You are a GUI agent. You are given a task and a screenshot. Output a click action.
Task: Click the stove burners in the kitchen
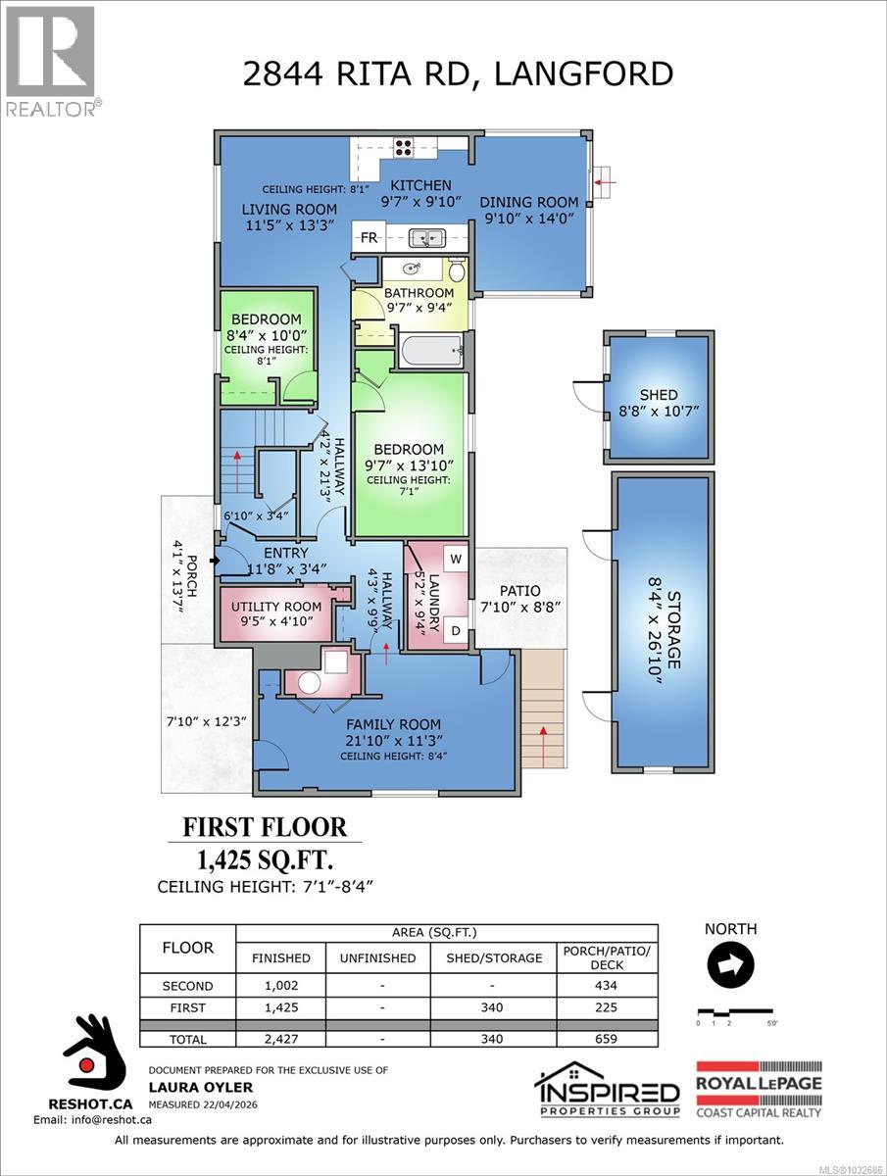(x=402, y=149)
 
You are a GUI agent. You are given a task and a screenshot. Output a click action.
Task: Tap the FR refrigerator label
(x=369, y=238)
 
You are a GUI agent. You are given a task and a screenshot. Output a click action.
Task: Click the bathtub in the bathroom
(x=430, y=348)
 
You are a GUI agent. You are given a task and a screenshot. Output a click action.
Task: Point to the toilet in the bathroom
(x=456, y=270)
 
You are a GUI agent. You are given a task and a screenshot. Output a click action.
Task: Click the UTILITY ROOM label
(x=276, y=607)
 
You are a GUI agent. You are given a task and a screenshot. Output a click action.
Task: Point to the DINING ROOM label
(x=528, y=203)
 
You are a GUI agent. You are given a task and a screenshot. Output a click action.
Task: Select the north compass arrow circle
(x=728, y=965)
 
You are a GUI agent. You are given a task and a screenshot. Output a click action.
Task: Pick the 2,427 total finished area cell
(x=281, y=1039)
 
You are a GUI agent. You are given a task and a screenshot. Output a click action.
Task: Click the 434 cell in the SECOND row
(x=607, y=986)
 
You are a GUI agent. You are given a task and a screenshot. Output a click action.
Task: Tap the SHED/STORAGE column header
(x=494, y=957)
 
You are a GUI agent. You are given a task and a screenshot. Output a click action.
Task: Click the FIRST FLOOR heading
(x=265, y=827)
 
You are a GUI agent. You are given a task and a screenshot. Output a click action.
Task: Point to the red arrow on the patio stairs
(x=544, y=730)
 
